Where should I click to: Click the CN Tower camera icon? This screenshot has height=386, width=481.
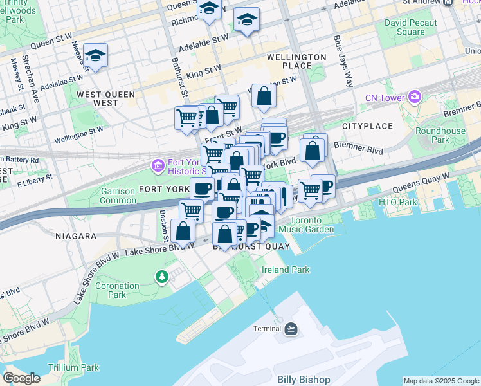pos(414,98)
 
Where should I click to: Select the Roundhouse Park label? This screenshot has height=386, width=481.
pos(449,135)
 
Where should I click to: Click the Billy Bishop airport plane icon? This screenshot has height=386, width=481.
pos(291,329)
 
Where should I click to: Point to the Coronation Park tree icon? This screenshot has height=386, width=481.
pos(161,277)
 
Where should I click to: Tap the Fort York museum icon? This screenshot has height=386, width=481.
pos(158,167)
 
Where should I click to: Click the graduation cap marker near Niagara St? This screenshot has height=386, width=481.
pos(95,57)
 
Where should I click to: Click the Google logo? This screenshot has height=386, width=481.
pos(21,378)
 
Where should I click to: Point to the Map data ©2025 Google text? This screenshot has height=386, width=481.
pos(440,381)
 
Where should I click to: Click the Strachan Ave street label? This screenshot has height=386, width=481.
pos(32,84)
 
